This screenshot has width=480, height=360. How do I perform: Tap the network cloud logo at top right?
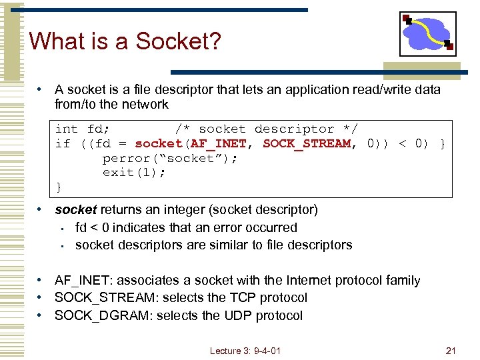428,33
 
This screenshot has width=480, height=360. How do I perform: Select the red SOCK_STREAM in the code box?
306,143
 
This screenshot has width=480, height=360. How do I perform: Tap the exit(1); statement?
134,173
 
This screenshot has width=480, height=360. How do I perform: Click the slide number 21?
450,351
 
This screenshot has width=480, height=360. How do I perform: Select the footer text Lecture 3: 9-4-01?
245,351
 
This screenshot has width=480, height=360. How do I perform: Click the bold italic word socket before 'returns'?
75,209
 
